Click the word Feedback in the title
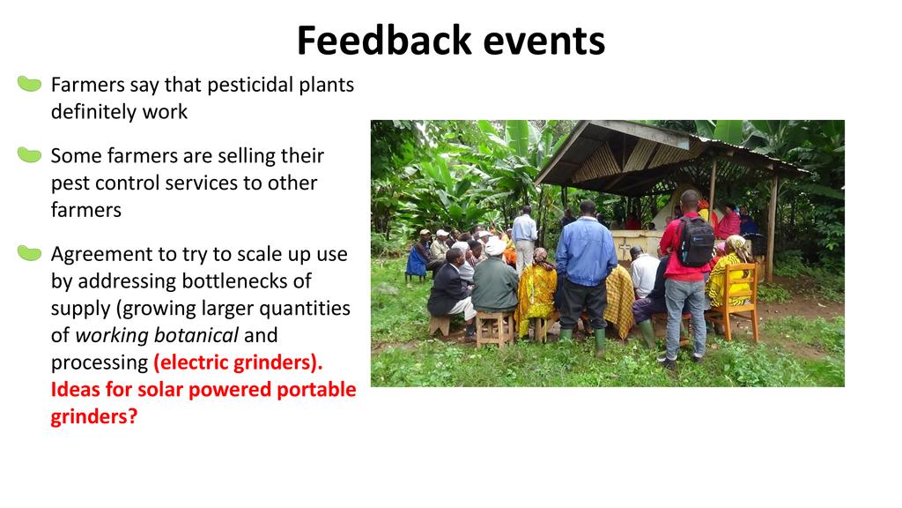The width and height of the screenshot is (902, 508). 384,41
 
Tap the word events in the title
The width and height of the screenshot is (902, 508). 544,41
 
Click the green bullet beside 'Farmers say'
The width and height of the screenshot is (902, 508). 29,84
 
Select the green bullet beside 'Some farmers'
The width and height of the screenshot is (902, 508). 29,155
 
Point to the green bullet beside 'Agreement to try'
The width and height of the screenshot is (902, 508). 29,253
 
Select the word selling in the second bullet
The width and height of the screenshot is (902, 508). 249,156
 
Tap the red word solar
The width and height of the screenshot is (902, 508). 159,389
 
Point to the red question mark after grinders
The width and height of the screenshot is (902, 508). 132,416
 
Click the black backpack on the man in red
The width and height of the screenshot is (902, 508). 694,241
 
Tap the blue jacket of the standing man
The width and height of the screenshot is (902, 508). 586,251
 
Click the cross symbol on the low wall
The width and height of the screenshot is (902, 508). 625,249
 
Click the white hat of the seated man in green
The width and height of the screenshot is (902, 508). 494,247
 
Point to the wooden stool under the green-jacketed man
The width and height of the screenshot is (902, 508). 494,329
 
